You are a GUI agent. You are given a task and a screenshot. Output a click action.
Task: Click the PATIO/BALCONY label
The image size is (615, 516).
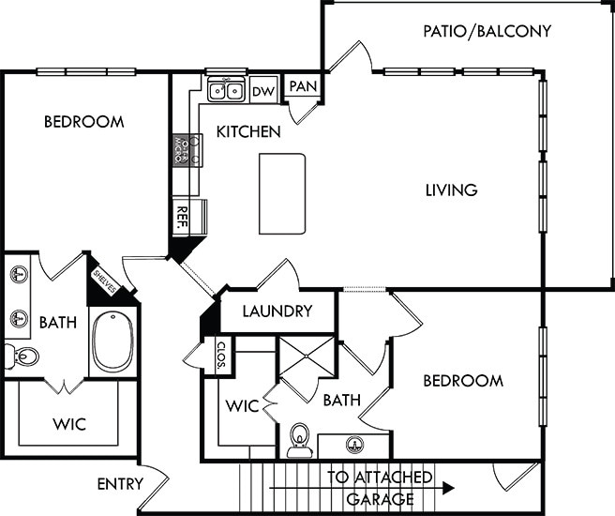(487, 31)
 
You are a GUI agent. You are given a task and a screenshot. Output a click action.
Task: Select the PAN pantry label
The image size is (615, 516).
(302, 86)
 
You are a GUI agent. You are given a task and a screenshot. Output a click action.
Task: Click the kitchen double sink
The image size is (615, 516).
(226, 91)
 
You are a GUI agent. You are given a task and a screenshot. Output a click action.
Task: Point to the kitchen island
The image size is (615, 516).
(283, 194)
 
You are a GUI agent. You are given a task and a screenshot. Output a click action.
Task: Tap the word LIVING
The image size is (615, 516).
(451, 190)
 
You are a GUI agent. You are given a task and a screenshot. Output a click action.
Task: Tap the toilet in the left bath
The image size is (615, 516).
(23, 357)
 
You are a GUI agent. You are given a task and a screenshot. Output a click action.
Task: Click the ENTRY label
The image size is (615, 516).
(120, 484)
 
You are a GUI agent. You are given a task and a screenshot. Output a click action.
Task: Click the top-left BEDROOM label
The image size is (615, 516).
(84, 122)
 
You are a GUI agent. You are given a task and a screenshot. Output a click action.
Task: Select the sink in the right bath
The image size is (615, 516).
(354, 445)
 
